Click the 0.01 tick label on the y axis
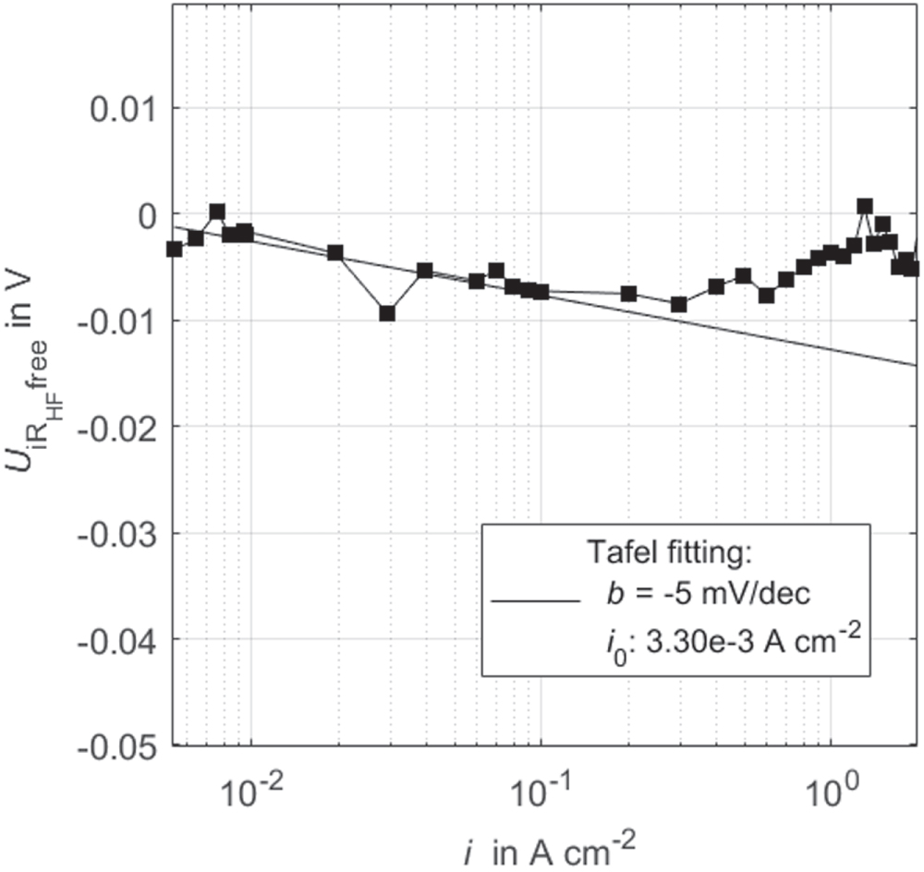pyautogui.click(x=123, y=107)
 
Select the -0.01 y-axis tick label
pyautogui.click(x=118, y=321)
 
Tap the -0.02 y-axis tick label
pyautogui.click(x=118, y=427)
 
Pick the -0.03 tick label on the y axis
pyautogui.click(x=118, y=533)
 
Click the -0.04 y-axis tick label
pyautogui.click(x=118, y=639)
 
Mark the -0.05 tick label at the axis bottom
pyautogui.click(x=118, y=745)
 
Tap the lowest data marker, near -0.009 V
pyautogui.click(x=387, y=313)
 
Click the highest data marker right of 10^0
pyautogui.click(x=865, y=206)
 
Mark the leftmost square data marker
pyautogui.click(x=174, y=248)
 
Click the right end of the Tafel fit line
pyautogui.click(x=915, y=365)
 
